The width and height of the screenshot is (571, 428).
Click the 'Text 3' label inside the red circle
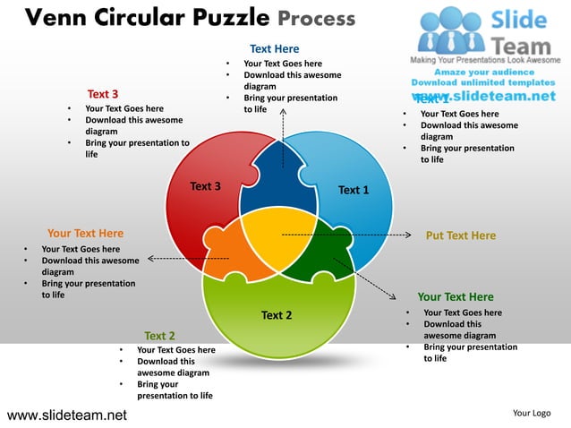click(205, 186)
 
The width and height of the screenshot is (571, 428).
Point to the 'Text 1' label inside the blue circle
click(354, 190)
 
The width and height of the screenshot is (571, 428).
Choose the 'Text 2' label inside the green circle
click(276, 315)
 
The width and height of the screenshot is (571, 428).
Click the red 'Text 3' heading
click(103, 94)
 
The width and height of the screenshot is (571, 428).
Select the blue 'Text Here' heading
click(274, 48)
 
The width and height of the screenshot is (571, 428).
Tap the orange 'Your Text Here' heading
click(85, 234)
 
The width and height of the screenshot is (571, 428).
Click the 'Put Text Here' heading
click(460, 236)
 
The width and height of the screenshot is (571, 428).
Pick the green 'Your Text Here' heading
click(455, 297)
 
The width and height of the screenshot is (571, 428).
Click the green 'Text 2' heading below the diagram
click(159, 336)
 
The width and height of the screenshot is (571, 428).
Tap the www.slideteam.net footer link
click(66, 415)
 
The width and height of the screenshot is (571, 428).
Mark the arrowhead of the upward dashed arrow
click(283, 112)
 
